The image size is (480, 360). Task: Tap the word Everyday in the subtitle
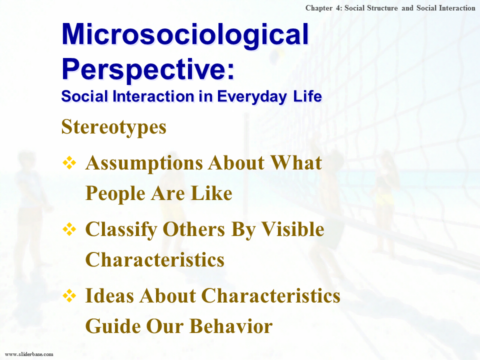tap(252, 96)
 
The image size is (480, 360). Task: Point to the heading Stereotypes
tap(114, 127)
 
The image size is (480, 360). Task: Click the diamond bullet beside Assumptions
tap(69, 163)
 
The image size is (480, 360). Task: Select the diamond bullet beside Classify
tap(69, 229)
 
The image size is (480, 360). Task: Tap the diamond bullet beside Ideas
tap(69, 295)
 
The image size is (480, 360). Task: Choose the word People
tap(115, 194)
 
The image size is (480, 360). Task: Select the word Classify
tap(121, 230)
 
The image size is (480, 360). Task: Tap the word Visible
tap(293, 229)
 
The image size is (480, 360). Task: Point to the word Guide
tap(113, 326)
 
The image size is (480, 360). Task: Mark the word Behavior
tap(231, 326)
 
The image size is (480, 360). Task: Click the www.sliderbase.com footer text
tap(29, 354)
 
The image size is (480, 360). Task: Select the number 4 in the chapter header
tap(338, 8)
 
